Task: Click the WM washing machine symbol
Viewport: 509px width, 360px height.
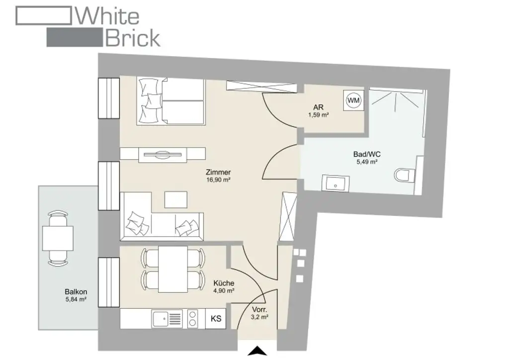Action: tap(353, 100)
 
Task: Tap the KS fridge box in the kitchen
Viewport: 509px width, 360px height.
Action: tap(216, 319)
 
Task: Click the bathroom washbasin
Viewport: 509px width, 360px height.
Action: tap(336, 182)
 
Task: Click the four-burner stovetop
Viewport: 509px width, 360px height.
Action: tap(193, 319)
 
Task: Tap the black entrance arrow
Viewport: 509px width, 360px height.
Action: tap(257, 352)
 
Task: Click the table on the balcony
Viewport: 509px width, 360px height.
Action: tap(57, 238)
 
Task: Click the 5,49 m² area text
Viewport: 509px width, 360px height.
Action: tap(367, 162)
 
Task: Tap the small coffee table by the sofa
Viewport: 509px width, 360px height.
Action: tap(176, 200)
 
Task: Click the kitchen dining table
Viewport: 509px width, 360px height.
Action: tap(172, 269)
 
